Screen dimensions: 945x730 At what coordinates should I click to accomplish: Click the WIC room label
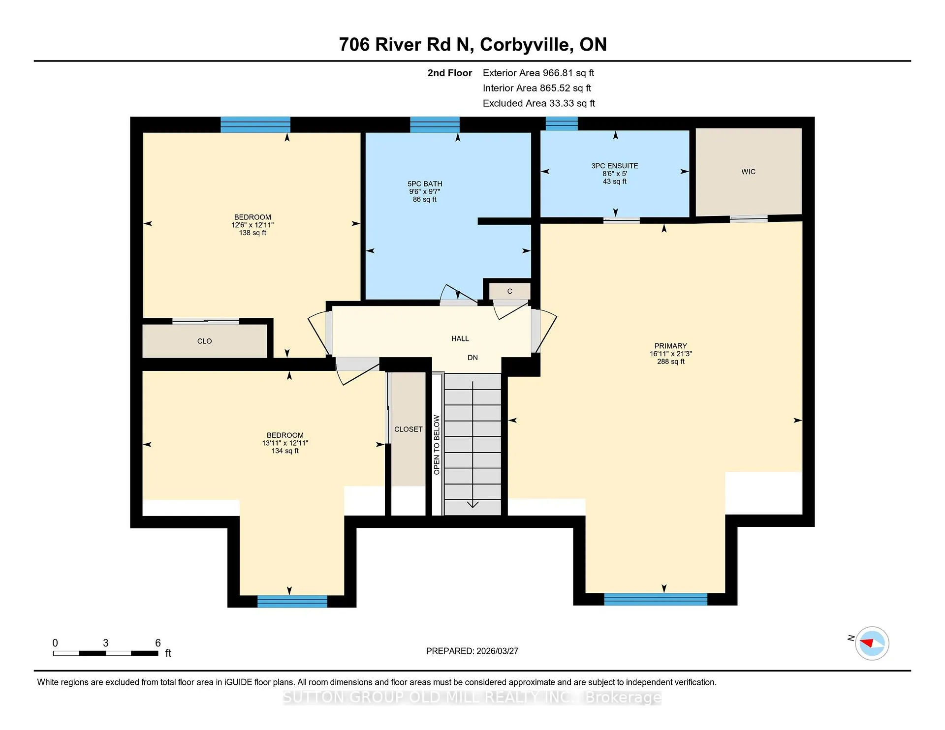pos(748,172)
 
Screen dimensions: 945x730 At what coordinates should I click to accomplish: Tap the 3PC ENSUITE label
pos(615,166)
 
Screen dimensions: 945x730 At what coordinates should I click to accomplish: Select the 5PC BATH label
pos(425,183)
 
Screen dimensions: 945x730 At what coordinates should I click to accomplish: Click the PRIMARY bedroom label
pos(670,346)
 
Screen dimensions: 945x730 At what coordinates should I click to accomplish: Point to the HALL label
pos(460,338)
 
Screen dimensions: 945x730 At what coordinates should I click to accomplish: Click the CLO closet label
pos(205,341)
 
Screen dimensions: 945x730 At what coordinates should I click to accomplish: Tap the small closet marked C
pos(510,291)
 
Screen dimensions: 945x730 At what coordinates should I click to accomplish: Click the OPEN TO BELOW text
pos(437,445)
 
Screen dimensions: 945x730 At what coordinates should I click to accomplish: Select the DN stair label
pos(472,358)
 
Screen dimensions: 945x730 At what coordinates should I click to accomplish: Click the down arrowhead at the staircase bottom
pos(472,504)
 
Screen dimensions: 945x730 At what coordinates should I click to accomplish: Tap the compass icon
pos(872,643)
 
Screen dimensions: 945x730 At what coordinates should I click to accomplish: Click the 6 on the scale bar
pos(158,643)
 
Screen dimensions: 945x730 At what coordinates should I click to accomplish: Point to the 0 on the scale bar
pos(55,643)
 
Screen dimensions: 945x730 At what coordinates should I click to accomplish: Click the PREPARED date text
pos(472,651)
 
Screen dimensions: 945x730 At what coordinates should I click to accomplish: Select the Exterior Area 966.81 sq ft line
pos(538,73)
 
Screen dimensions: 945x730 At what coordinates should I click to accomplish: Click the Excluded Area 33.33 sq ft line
pos(539,103)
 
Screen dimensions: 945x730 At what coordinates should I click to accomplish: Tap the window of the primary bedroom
pos(656,599)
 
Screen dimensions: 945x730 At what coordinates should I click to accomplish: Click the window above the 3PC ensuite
pos(562,123)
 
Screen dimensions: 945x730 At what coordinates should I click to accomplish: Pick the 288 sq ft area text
pos(670,362)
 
